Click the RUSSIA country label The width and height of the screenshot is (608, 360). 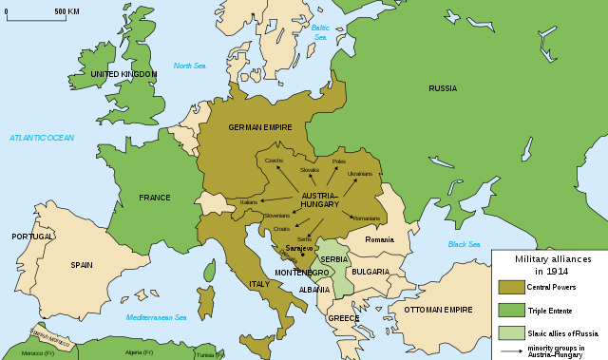442,88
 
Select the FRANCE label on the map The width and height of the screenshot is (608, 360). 154,198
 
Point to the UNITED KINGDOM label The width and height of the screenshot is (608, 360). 124,73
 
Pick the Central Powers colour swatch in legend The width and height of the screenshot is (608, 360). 511,287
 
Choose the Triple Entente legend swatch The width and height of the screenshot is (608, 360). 511,310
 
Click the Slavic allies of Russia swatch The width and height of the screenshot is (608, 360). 511,332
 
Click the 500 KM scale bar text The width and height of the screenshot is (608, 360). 66,11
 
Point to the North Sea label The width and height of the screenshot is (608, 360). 189,66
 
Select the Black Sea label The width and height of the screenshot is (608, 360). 464,244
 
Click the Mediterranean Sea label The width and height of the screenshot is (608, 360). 157,317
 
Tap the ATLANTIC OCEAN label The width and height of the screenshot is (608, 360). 42,138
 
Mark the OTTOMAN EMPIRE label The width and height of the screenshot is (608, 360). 439,310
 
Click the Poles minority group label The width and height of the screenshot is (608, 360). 339,161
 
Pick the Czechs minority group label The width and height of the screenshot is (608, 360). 274,160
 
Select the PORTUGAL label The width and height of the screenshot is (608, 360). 32,237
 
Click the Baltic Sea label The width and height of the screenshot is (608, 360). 320,32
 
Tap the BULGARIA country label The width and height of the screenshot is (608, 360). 370,272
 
